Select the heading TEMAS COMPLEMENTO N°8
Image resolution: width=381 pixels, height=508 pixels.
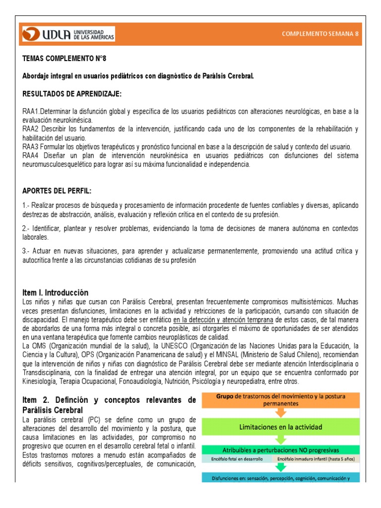(x=64, y=59)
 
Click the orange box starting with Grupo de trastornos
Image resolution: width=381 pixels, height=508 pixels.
(x=281, y=400)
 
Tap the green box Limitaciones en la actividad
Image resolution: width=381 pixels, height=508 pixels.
(x=281, y=427)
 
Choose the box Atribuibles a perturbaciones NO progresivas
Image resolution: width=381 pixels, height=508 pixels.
(x=281, y=450)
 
